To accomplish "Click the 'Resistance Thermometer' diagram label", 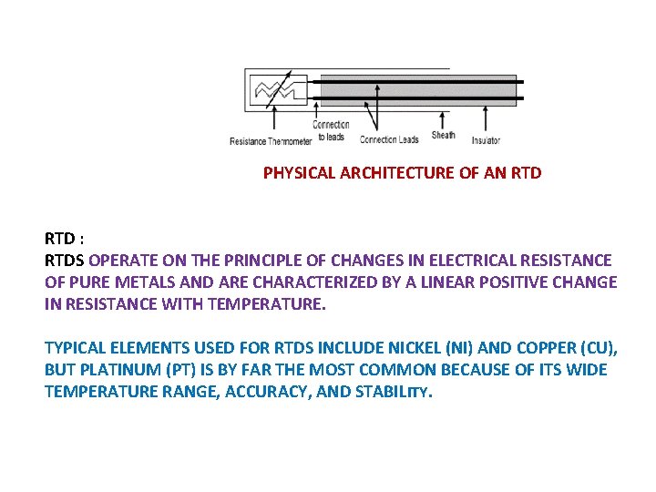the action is (x=271, y=141).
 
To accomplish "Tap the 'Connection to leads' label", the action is (x=331, y=131).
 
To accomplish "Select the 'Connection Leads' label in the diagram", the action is (x=389, y=139).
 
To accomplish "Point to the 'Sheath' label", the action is (x=443, y=136).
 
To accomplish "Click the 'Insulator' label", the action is (x=486, y=140).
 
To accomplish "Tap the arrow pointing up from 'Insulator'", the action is (x=486, y=118).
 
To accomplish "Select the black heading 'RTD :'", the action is (x=65, y=239).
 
